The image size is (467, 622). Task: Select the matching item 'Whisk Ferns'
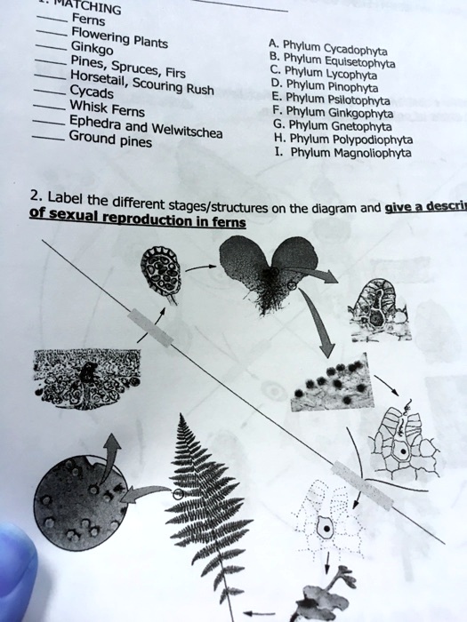pyautogui.click(x=101, y=110)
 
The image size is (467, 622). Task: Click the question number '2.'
pyautogui.click(x=35, y=195)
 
